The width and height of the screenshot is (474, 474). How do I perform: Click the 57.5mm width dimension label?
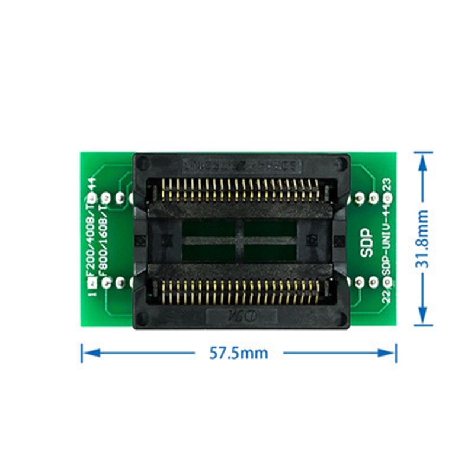(x=238, y=354)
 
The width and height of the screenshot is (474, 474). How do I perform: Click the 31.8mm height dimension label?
(x=422, y=238)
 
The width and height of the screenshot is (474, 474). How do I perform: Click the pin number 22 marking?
(x=386, y=296)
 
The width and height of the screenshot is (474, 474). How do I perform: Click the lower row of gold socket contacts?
(x=237, y=290)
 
